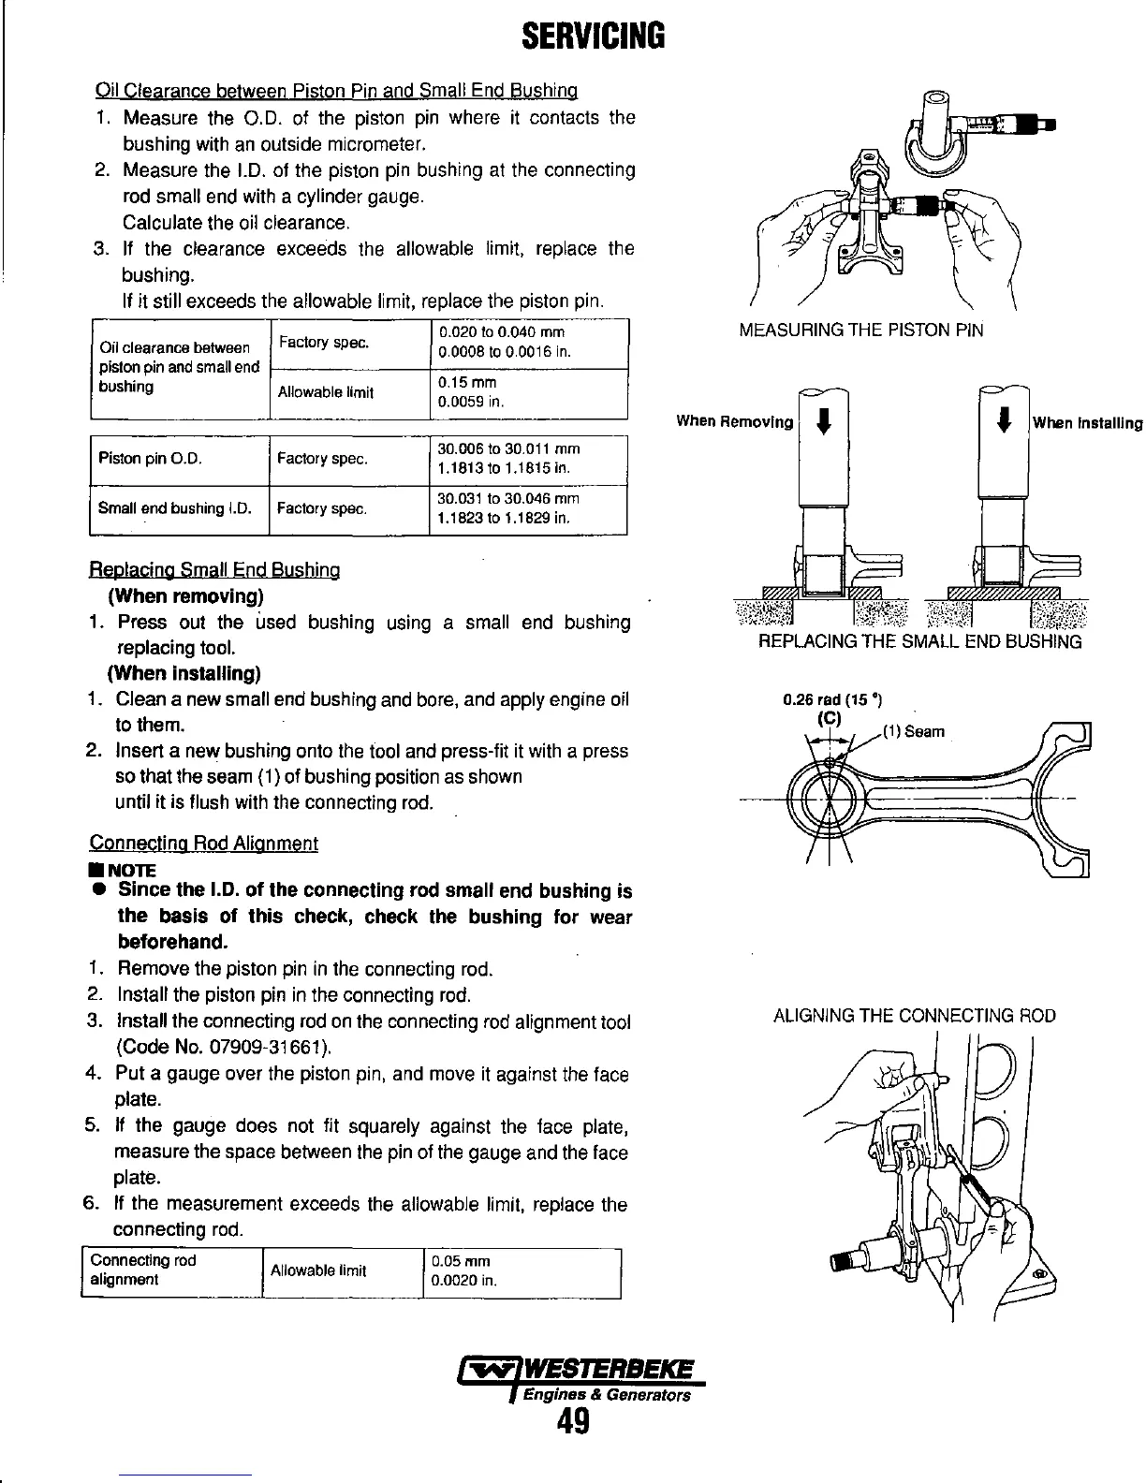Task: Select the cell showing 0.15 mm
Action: pos(527,393)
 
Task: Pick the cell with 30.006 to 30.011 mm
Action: pos(527,459)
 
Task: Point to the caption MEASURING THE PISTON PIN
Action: pos(861,330)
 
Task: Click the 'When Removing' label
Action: pos(734,421)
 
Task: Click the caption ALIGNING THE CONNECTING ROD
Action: pos(914,1016)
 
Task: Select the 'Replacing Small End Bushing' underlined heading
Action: pos(214,570)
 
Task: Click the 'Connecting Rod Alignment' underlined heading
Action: pos(203,844)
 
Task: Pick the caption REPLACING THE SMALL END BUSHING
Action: pos(919,641)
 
